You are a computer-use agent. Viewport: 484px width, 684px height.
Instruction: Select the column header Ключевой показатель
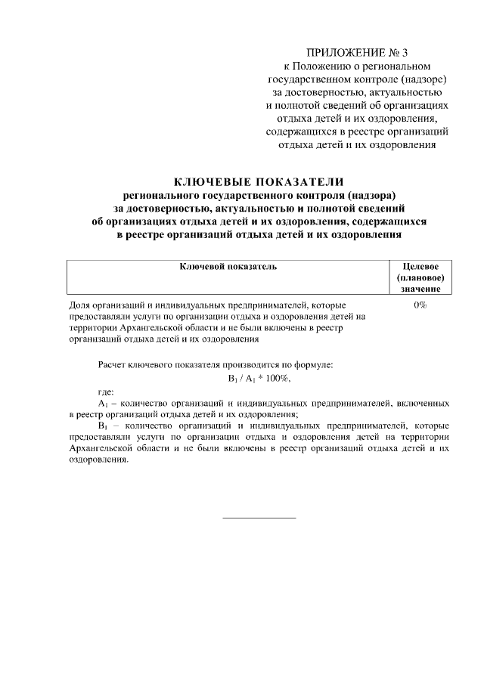click(228, 267)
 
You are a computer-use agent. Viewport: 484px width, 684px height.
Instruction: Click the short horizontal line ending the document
click(259, 518)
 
